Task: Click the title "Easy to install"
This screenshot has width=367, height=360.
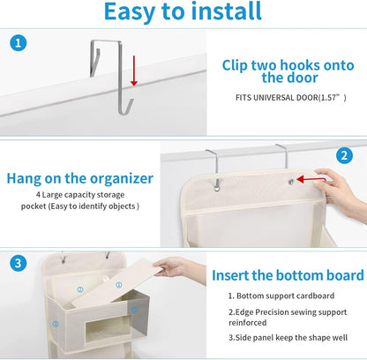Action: [x=183, y=12]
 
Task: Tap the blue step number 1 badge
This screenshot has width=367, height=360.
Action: [x=19, y=43]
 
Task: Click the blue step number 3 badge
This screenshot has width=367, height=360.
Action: [x=19, y=262]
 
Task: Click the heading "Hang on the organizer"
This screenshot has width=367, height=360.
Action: [x=80, y=177]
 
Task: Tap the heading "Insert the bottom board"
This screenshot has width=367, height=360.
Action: [x=287, y=274]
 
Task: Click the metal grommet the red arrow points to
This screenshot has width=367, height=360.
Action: [x=290, y=180]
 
